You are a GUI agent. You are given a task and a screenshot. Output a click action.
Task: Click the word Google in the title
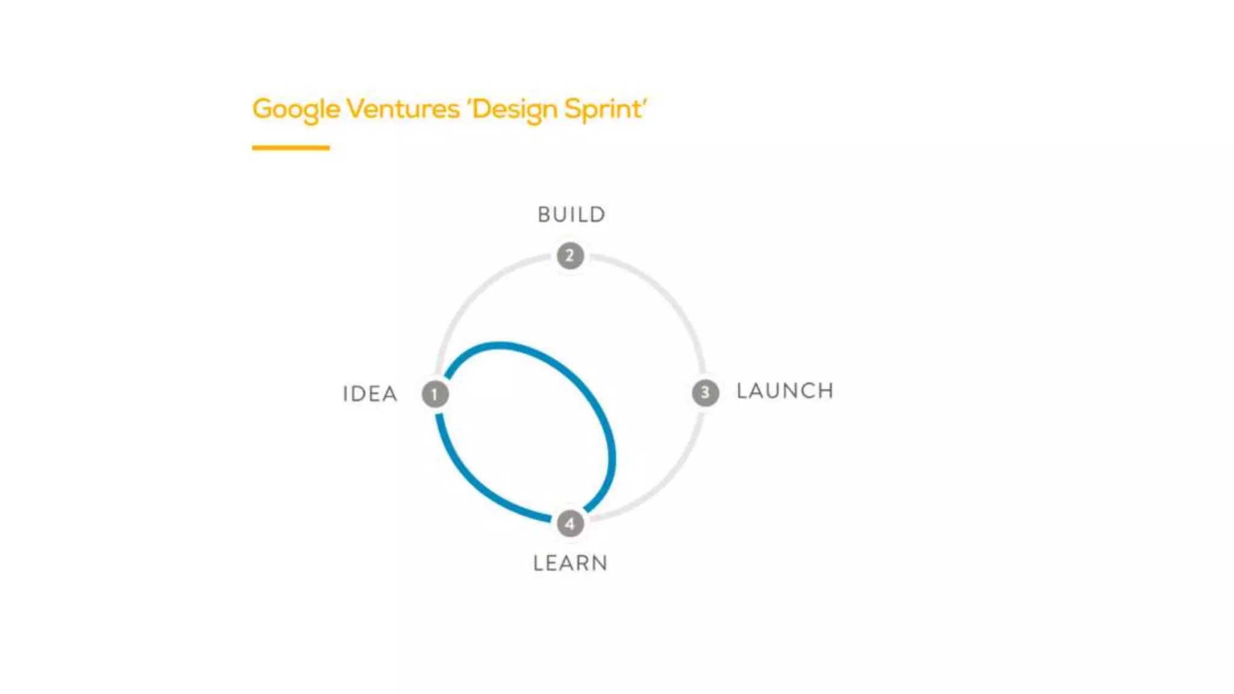[x=296, y=110]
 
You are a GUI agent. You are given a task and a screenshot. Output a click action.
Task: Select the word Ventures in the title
[x=402, y=109]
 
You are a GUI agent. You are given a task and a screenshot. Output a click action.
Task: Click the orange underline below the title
[x=290, y=148]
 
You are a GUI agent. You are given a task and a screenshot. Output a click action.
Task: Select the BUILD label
[x=571, y=214]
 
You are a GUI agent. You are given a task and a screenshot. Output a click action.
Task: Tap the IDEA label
[x=370, y=394]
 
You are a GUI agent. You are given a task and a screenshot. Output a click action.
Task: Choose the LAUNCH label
[x=785, y=391]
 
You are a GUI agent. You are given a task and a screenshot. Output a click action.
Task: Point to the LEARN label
[x=570, y=563]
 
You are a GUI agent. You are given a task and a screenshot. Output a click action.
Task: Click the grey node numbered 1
[x=435, y=395]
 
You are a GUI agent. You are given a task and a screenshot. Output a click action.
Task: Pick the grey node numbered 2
[x=570, y=256]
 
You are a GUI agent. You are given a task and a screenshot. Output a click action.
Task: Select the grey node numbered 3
[x=705, y=393]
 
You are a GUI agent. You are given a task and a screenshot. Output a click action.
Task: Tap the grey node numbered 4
[x=570, y=524]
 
